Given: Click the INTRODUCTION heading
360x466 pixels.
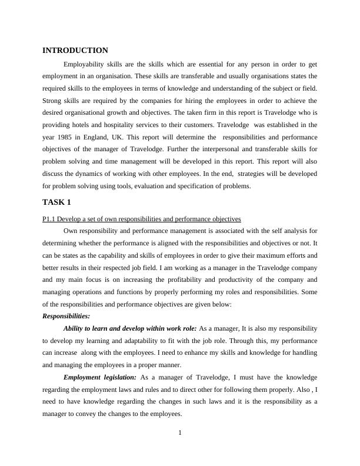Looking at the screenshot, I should tap(75, 51).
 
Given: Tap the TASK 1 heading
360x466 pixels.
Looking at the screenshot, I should tap(57, 202).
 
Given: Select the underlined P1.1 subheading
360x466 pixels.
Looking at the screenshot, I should tap(138, 219).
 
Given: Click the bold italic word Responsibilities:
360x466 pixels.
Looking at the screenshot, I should tap(66, 316).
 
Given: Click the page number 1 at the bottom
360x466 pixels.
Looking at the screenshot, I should tap(180, 434).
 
